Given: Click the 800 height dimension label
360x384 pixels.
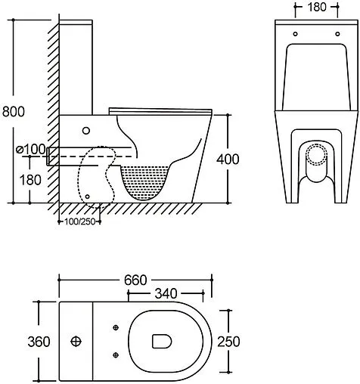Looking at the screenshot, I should click(13, 111).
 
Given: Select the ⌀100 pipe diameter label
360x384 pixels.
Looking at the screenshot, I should click(30, 149).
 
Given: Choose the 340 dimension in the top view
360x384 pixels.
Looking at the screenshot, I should click(166, 293).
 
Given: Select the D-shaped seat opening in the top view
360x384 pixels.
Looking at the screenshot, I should click(161, 342).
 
